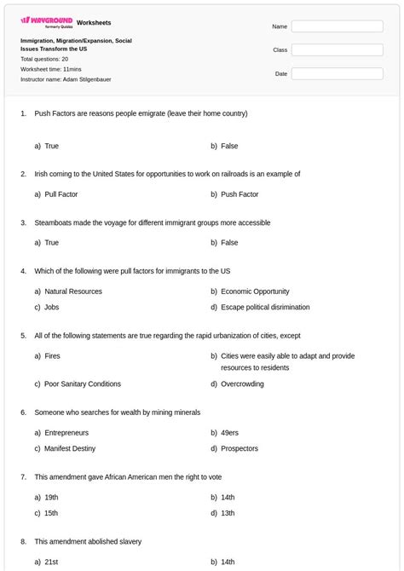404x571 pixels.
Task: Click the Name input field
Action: pos(337,26)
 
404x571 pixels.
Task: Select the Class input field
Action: pos(337,50)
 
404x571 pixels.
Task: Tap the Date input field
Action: pos(337,74)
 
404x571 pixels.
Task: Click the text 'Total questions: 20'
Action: pos(44,60)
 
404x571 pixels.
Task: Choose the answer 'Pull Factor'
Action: pos(61,194)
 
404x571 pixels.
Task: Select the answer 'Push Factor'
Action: pos(240,194)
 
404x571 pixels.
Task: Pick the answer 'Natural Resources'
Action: pos(73,291)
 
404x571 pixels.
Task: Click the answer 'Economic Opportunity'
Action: pos(255,291)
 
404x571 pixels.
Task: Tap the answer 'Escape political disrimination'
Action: pos(265,307)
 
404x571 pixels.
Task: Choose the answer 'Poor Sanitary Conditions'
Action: pos(83,384)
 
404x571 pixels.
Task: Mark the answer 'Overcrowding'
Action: pos(242,384)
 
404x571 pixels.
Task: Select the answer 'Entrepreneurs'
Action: pos(66,433)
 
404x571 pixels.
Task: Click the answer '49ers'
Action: pos(229,433)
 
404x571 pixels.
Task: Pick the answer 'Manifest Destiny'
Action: pos(70,448)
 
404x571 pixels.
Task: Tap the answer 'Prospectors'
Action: pos(240,448)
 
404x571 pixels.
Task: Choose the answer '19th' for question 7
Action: pos(51,498)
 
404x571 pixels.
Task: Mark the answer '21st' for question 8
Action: pos(51,562)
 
